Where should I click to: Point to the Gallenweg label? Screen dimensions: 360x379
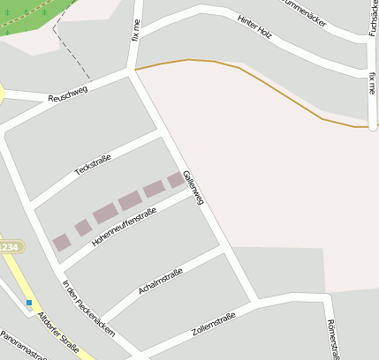pos(193,187)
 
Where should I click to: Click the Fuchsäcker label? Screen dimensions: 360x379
pos(373,19)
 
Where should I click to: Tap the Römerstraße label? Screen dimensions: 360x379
pos(333,340)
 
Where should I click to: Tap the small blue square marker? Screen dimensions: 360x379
pos(29,303)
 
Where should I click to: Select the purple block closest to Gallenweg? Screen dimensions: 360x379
pos(176,180)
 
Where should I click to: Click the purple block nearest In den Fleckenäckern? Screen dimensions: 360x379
pos(61,242)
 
